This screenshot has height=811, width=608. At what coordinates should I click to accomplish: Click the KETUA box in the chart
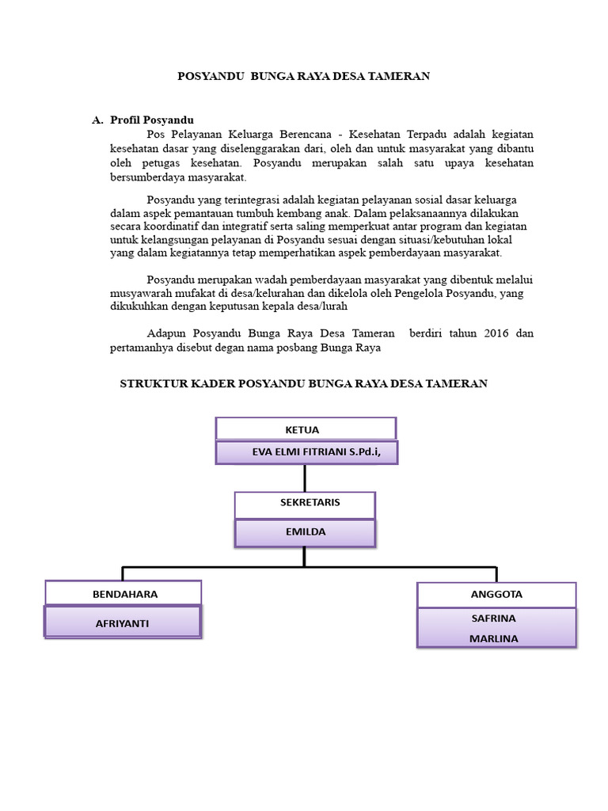coord(306,429)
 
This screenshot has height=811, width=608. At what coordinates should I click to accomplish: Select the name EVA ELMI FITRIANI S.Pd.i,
coord(306,453)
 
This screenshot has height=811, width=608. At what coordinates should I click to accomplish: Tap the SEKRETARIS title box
coord(305,504)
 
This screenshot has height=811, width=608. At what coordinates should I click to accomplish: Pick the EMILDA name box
coord(305,532)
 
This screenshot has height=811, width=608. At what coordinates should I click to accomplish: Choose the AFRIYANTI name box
coord(123,623)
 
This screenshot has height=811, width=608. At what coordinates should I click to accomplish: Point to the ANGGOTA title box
coord(496,594)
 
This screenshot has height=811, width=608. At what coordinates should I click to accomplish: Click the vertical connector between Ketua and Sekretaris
coord(305,478)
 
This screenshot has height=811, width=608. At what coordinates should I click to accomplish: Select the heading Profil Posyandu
coord(152,120)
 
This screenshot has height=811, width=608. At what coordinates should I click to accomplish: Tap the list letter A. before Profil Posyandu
coord(98,120)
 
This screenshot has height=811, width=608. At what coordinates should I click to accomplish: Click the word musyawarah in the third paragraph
coord(140,292)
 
